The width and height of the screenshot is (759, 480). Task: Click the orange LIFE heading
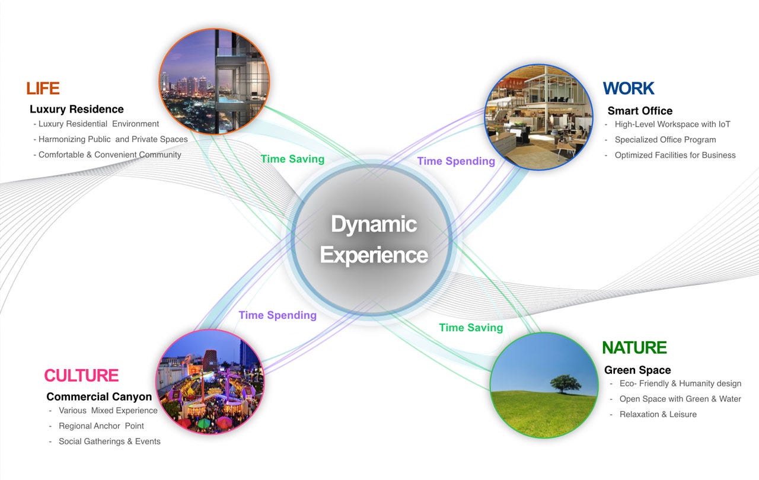click(43, 88)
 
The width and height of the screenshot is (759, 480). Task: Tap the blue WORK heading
click(629, 88)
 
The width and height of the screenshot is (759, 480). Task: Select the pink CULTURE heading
click(81, 375)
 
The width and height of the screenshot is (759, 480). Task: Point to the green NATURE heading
click(634, 348)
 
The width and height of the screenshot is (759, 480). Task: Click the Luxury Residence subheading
click(76, 110)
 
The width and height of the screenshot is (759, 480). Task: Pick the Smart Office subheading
click(640, 111)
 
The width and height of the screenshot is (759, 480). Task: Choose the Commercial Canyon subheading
click(99, 396)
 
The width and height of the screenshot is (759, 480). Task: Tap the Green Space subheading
click(637, 370)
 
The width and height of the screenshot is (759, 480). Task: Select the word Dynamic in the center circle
click(374, 224)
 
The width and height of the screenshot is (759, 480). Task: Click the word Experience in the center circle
click(374, 255)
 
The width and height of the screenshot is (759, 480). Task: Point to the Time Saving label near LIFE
click(292, 159)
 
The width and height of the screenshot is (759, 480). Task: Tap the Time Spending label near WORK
click(456, 161)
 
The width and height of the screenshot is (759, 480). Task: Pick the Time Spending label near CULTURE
click(278, 315)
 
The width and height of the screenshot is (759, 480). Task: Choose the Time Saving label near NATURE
click(471, 328)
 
